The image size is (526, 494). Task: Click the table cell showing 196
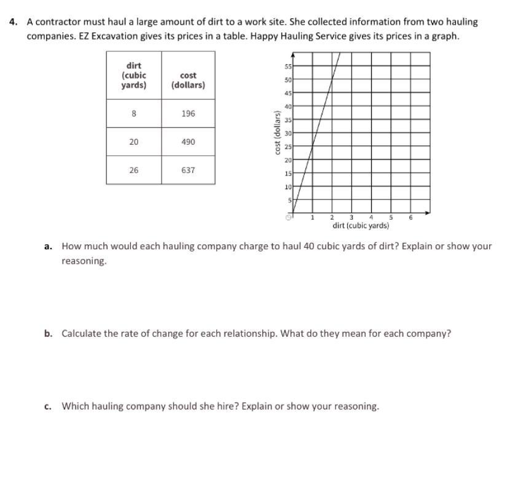[188, 114]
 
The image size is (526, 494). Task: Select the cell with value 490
[188, 142]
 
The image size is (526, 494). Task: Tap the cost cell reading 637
[188, 170]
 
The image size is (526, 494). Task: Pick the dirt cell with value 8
[134, 114]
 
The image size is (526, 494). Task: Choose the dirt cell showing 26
[134, 170]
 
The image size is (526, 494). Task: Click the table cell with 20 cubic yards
[134, 142]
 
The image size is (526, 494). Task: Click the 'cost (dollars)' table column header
[188, 80]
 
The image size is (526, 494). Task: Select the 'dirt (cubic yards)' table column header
[134, 75]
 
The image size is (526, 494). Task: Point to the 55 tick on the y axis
[288, 66]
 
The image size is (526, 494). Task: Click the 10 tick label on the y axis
[288, 187]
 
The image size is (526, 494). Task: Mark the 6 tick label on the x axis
[410, 217]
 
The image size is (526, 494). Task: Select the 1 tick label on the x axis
[312, 217]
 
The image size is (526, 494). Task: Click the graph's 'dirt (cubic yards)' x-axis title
[361, 225]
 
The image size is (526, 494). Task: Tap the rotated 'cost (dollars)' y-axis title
[278, 133]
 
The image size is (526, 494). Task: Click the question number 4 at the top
[13, 21]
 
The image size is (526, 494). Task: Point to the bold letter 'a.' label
[48, 246]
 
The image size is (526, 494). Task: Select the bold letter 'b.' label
[48, 334]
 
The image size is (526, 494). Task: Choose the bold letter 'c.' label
[48, 406]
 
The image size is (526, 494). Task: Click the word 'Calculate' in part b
[82, 334]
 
